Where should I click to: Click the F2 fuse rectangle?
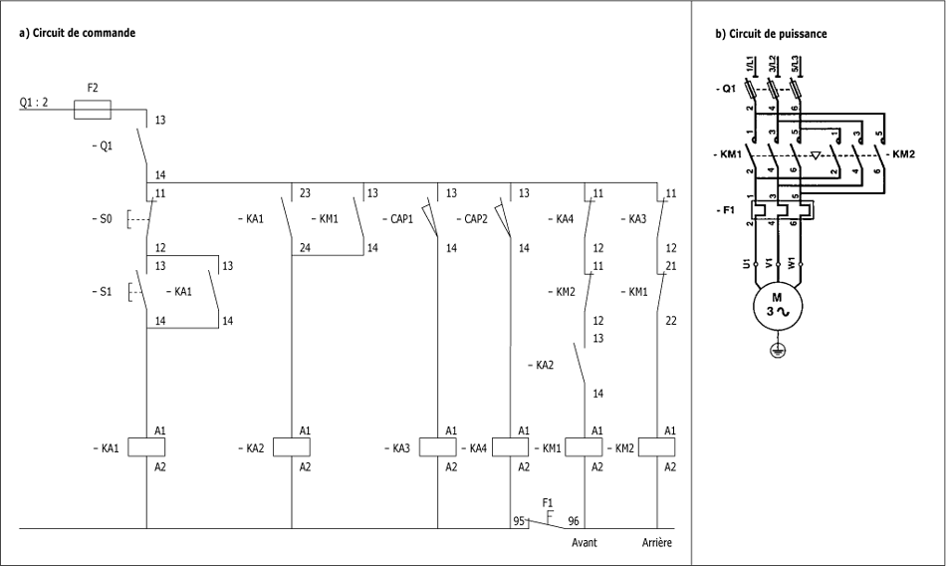(93, 110)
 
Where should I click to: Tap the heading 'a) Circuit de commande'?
(78, 33)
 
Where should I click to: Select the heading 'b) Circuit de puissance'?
(771, 34)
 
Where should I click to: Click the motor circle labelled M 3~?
(777, 306)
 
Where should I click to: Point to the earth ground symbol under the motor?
(777, 350)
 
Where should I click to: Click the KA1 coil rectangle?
(146, 447)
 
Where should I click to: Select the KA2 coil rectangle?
(292, 447)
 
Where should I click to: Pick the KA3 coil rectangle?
(438, 447)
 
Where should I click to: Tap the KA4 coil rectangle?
(511, 447)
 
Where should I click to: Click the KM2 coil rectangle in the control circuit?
(656, 447)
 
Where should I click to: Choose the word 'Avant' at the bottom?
(584, 542)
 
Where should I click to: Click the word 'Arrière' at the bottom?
(657, 542)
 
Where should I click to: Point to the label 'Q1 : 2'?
(34, 102)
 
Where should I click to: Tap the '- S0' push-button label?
(102, 218)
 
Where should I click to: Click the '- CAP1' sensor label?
(398, 218)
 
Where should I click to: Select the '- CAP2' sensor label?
(472, 218)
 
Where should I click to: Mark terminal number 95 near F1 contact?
(519, 521)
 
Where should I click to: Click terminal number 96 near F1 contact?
(574, 521)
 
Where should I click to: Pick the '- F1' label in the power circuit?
(725, 210)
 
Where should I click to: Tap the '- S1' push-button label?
(102, 292)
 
